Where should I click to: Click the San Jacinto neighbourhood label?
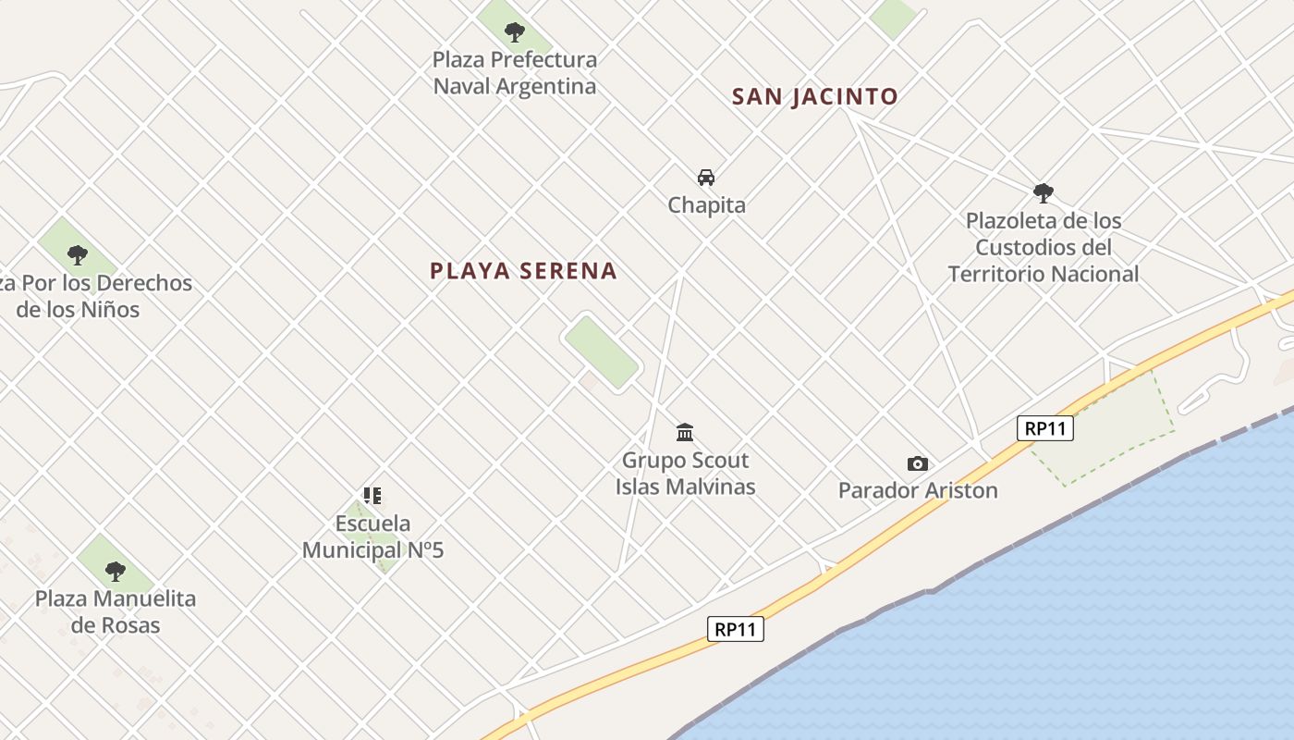(814, 96)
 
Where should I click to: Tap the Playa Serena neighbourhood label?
(523, 271)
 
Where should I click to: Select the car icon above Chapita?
(706, 177)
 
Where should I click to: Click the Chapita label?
(706, 205)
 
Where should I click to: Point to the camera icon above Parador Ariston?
(917, 463)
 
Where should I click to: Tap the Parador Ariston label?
(918, 490)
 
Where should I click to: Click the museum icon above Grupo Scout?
(685, 432)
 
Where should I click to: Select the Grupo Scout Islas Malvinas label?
(686, 473)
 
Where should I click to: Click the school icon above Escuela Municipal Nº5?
(372, 496)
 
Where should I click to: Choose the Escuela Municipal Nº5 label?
(373, 536)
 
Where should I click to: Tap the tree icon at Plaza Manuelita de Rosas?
(115, 571)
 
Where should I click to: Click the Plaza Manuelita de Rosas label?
(116, 611)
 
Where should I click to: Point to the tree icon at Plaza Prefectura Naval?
(515, 32)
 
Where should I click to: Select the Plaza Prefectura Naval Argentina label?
(515, 73)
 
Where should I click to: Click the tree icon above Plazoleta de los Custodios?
(1044, 193)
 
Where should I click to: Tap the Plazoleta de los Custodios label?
(1044, 247)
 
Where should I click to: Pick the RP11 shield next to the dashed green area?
(1044, 428)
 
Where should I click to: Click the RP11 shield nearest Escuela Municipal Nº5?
(736, 629)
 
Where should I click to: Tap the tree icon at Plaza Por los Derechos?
(78, 254)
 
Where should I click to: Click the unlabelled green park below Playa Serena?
(602, 351)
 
